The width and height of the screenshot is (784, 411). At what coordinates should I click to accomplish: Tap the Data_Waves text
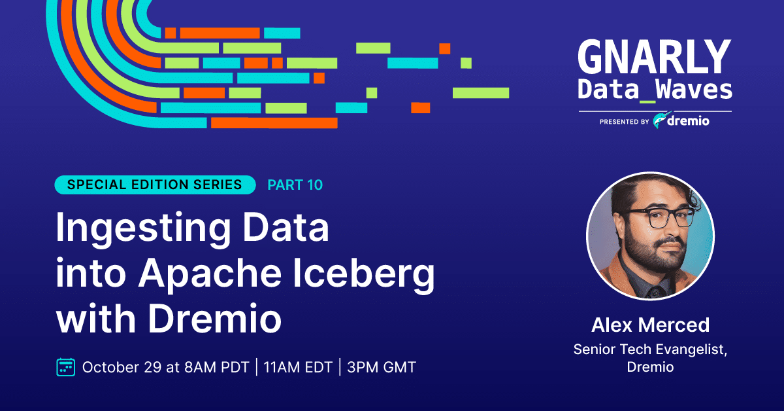tap(655, 90)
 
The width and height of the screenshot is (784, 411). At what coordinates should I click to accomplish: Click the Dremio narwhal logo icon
tap(661, 121)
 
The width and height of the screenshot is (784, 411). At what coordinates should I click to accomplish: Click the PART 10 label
tap(295, 185)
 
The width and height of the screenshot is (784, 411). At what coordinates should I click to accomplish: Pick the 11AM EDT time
tap(297, 367)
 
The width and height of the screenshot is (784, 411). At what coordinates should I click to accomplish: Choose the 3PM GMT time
tap(382, 367)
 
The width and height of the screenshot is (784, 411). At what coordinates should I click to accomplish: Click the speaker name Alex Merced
tap(650, 325)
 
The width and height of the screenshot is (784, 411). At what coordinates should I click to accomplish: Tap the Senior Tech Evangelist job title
tap(650, 349)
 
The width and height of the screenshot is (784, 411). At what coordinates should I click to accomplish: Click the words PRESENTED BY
tap(624, 122)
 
